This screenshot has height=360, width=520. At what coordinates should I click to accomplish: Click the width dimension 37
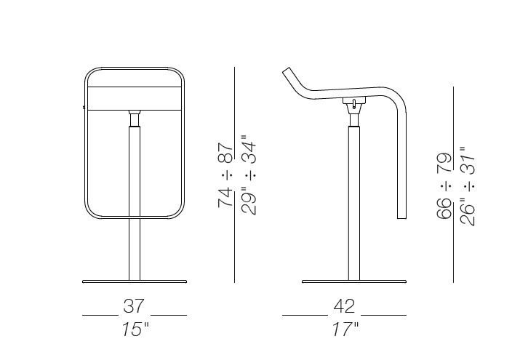pos(134,306)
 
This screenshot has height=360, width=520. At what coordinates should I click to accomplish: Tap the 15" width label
pos(135,329)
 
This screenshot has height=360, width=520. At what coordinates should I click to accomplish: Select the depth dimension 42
pos(344,306)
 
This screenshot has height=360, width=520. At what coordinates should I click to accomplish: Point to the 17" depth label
pos(345,329)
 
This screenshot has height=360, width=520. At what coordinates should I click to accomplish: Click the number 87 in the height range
pos(226,153)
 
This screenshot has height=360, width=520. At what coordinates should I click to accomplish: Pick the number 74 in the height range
pos(226,198)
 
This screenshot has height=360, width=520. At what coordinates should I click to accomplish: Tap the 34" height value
pos(249,149)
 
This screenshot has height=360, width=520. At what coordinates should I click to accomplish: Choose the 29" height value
pos(249,201)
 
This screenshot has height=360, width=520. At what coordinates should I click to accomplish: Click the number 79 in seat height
pos(444,162)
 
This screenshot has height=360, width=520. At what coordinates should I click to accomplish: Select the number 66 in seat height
pos(444,209)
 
